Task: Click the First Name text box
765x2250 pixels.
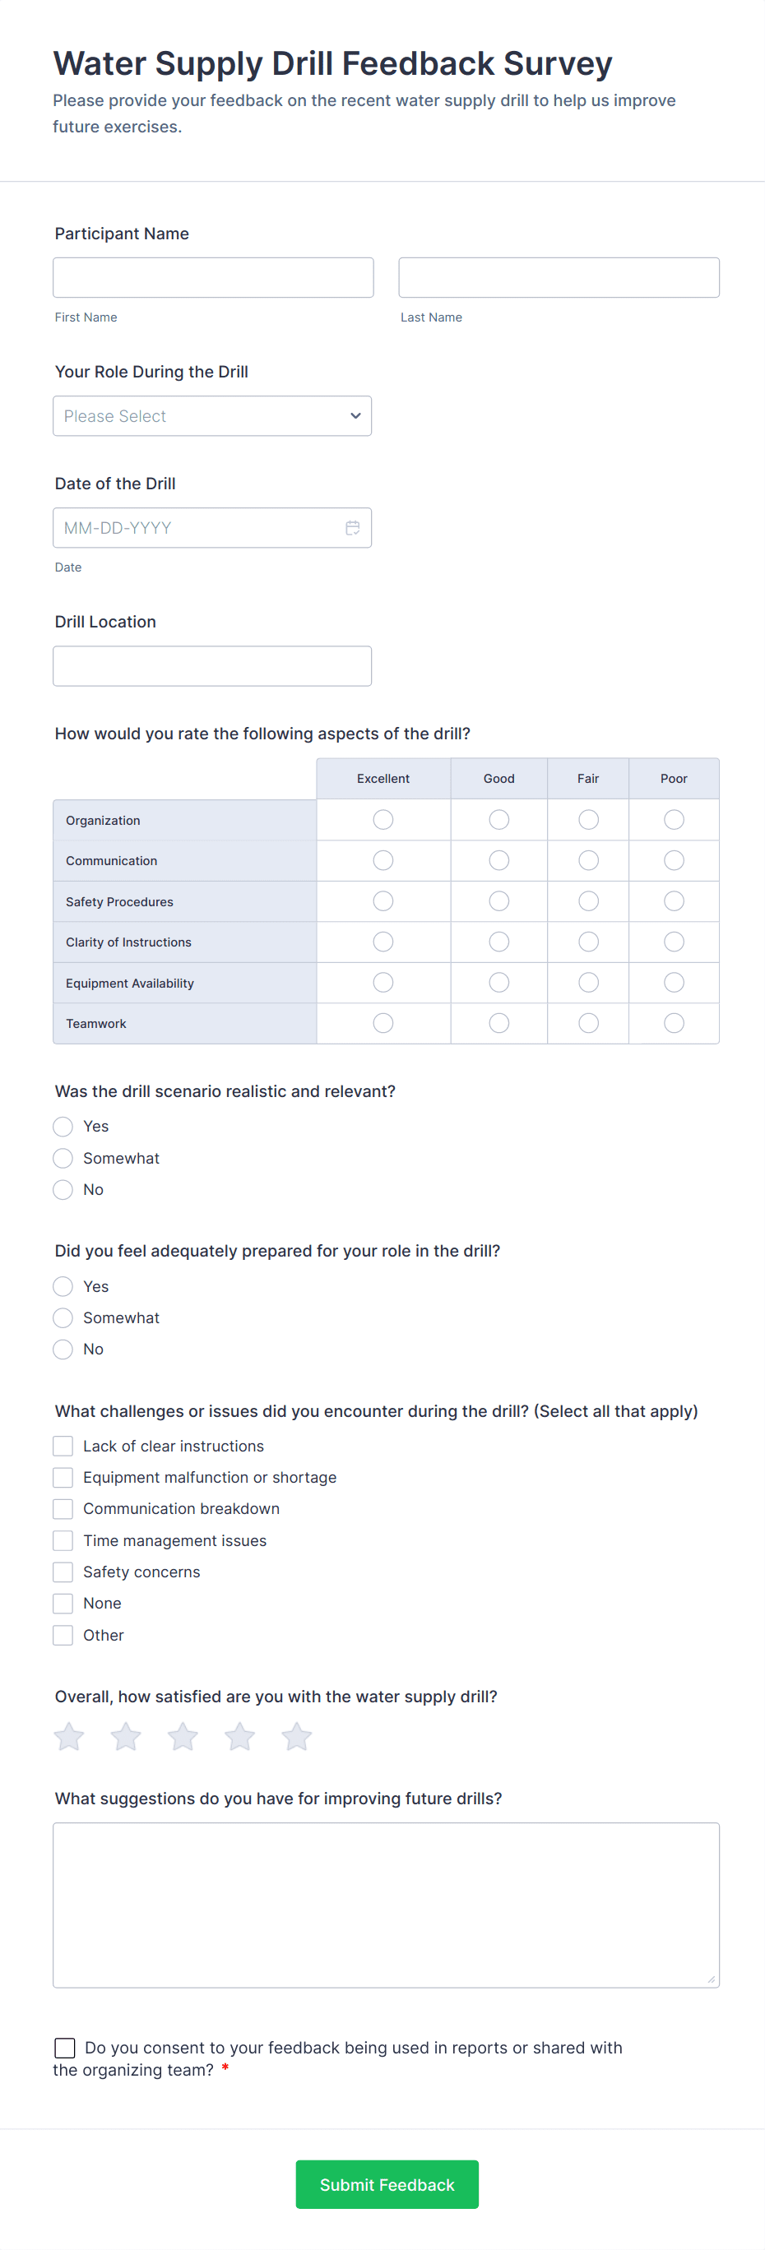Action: [213, 278]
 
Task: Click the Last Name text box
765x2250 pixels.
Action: [559, 278]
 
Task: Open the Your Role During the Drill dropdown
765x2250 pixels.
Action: [212, 416]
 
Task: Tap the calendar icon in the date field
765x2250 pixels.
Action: [353, 528]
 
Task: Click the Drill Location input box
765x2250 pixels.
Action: [212, 665]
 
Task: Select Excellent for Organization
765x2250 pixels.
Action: [383, 819]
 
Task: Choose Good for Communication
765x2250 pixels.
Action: [498, 860]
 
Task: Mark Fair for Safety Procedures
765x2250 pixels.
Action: [589, 900]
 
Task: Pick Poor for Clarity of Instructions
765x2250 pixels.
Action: [674, 942]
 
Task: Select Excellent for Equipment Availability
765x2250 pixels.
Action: [383, 983]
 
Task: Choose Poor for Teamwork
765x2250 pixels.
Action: [674, 1023]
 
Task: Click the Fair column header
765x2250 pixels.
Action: [587, 778]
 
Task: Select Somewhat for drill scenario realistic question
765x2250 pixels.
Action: [63, 1158]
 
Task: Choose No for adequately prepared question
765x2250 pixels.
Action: [63, 1350]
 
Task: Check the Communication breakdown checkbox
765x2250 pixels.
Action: [63, 1508]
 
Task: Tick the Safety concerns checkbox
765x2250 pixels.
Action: [63, 1572]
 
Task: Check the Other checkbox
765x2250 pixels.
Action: [63, 1635]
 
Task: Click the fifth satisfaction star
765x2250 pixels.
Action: [296, 1736]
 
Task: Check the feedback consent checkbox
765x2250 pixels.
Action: [65, 2049]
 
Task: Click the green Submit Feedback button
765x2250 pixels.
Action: [387, 2184]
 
